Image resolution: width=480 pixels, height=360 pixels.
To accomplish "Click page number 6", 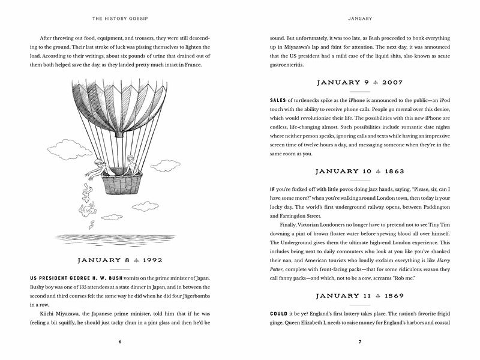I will (120, 342).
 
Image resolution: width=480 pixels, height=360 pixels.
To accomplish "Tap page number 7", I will (359, 342).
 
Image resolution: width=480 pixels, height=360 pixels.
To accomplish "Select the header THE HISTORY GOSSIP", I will (120, 16).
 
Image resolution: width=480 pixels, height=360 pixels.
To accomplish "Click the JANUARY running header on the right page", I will (359, 16).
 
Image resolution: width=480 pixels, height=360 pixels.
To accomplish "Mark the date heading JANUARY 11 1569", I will (359, 297).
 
